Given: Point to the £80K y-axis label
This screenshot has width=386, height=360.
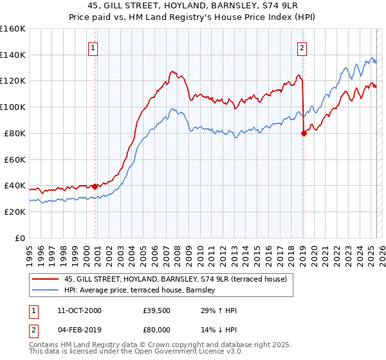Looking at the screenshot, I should [15, 133].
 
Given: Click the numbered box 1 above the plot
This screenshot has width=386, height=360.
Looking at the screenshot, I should [93, 47].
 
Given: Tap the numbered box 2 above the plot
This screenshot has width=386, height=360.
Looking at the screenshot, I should [302, 47].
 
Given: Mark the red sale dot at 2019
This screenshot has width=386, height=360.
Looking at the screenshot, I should [304, 133].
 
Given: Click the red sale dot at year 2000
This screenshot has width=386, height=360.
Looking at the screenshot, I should [95, 186].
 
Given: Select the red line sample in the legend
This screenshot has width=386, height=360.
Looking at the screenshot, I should [46, 278].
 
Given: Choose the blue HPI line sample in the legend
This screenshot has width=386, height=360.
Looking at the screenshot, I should [46, 291].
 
